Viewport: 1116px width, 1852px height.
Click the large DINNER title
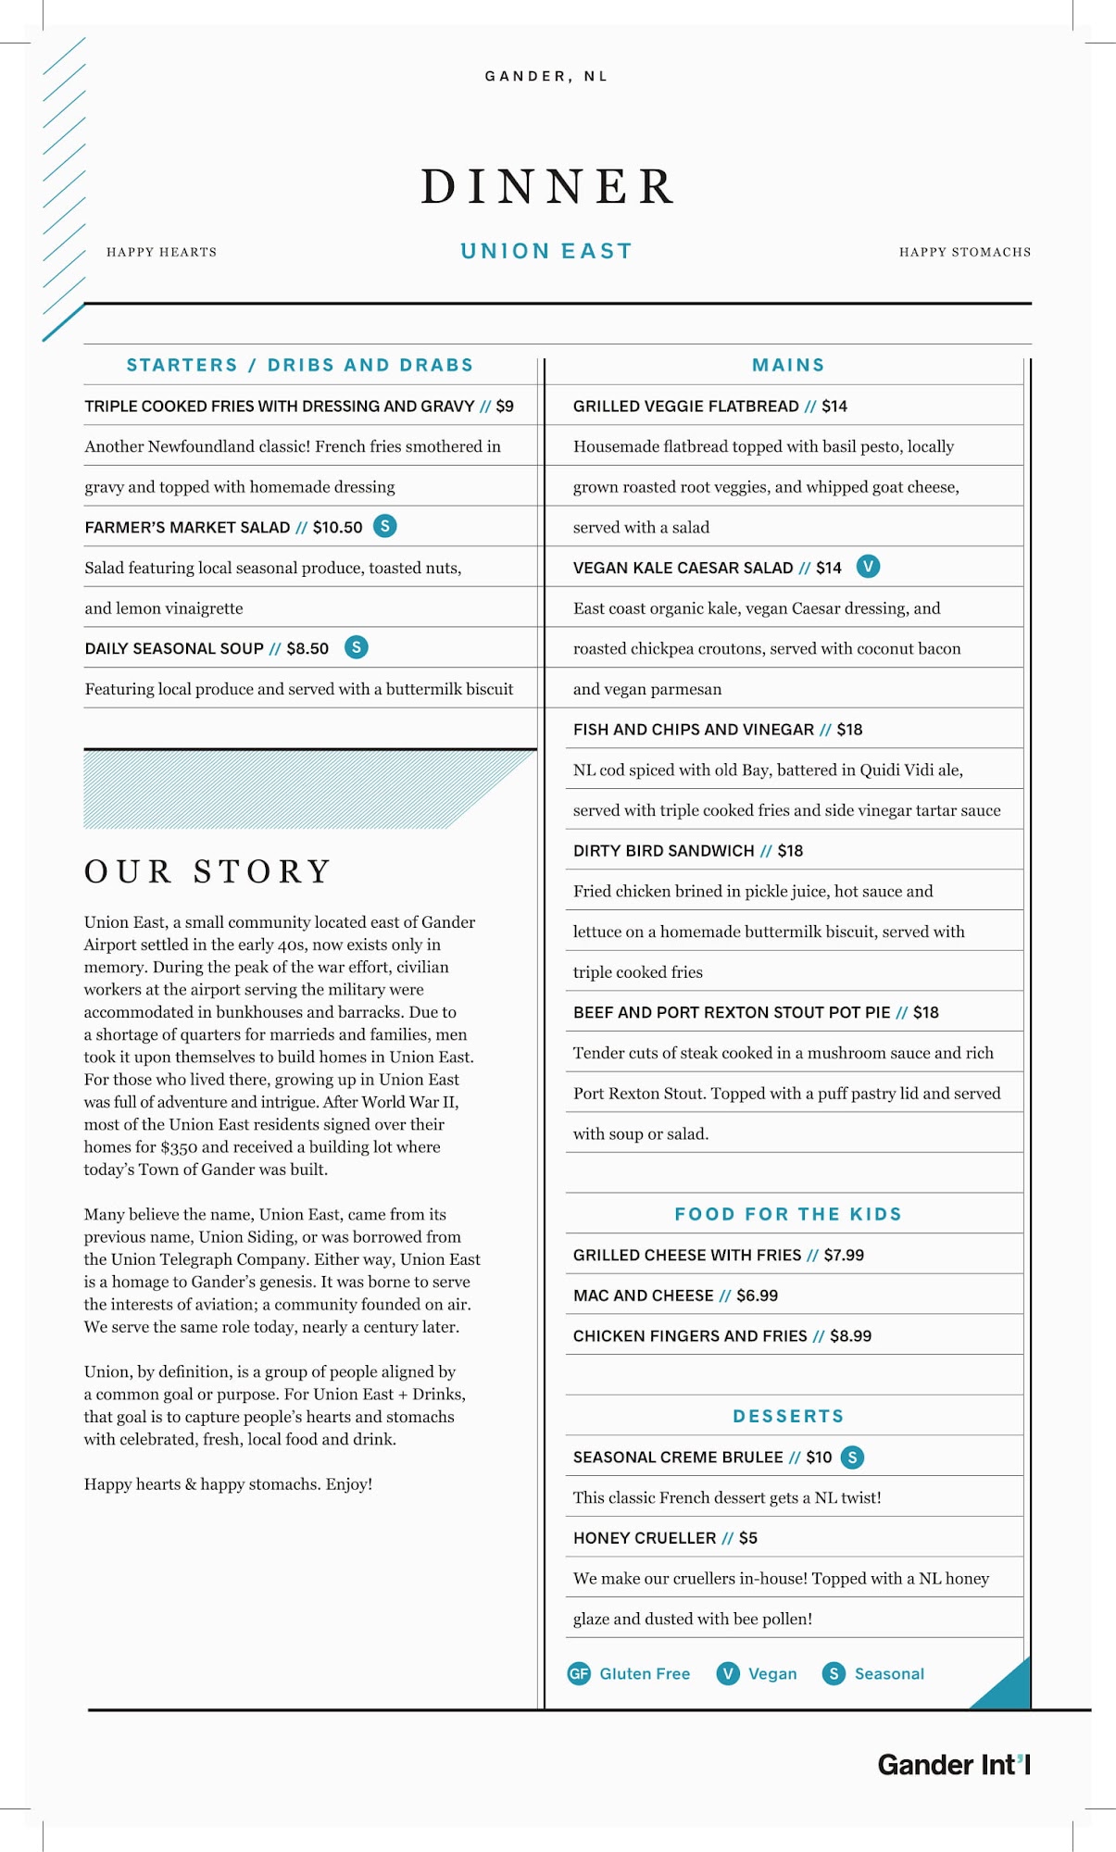coord(547,187)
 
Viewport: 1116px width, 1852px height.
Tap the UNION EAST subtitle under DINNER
coord(546,251)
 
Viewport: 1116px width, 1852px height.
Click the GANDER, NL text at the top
coord(546,76)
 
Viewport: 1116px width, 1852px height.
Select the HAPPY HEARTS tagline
coord(161,252)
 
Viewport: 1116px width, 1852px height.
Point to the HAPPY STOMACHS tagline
coord(964,252)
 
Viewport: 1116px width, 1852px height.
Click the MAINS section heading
coord(788,365)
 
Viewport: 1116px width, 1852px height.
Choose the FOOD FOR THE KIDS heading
coord(788,1214)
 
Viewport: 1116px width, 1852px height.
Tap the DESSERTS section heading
coord(788,1416)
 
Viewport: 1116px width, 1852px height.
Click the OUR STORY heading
coord(207,871)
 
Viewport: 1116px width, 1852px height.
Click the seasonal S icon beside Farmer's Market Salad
coord(384,526)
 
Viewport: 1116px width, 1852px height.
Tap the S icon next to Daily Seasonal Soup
coord(356,647)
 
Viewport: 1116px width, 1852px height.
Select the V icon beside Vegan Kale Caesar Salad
coord(868,566)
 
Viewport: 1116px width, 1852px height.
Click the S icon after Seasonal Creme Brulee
coord(852,1457)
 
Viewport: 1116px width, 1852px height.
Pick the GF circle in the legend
coord(579,1673)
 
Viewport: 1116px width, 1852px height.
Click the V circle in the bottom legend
coord(728,1673)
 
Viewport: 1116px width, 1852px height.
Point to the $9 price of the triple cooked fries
coord(505,406)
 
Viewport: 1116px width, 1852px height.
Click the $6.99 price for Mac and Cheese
coord(757,1295)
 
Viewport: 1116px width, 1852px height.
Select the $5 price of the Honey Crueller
coord(748,1538)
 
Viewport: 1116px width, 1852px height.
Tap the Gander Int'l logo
coord(954,1765)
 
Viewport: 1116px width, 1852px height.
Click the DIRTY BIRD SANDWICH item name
coord(663,851)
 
